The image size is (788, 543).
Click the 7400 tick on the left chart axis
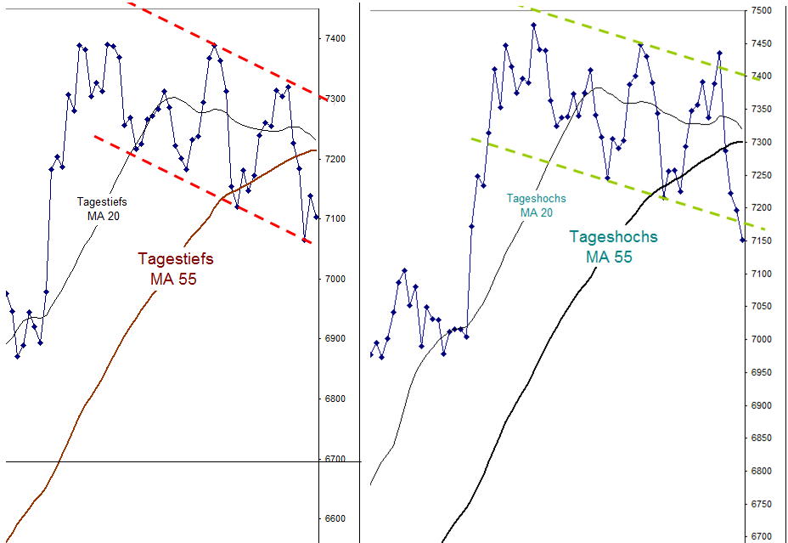coord(335,39)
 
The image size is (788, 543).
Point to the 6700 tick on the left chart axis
coord(335,460)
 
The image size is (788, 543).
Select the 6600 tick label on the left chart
coord(335,519)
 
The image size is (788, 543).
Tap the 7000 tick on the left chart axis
coord(335,280)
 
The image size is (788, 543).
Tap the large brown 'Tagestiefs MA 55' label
coord(175,269)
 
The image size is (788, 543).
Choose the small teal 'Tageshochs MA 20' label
coord(536,205)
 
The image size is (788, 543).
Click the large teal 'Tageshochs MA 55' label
coord(612,246)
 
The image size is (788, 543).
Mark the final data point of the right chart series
coord(743,240)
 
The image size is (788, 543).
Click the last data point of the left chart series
coord(317,218)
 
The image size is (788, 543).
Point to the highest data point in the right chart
coord(533,25)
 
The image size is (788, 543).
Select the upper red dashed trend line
coord(229,51)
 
